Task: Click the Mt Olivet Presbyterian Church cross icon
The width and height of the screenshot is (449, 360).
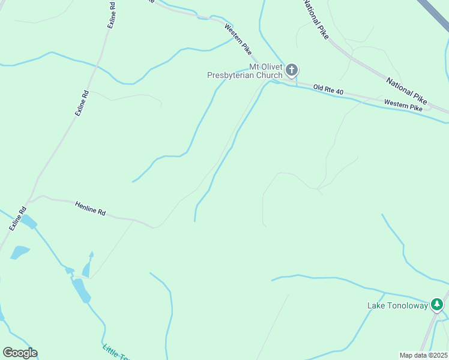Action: [x=291, y=70]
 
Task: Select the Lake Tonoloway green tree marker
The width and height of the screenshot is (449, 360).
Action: [x=438, y=305]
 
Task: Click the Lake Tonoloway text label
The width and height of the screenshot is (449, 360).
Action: [x=397, y=305]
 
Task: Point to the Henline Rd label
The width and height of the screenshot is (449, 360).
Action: [x=91, y=208]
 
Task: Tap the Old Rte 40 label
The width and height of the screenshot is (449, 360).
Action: [x=329, y=90]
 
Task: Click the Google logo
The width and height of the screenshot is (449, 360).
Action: [x=20, y=353]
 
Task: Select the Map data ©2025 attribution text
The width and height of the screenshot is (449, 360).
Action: [x=423, y=355]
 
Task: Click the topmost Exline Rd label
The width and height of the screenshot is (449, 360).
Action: [x=112, y=16]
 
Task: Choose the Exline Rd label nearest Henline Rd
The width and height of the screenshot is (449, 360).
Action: [x=19, y=220]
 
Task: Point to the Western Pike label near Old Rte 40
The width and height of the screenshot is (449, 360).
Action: [x=403, y=106]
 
